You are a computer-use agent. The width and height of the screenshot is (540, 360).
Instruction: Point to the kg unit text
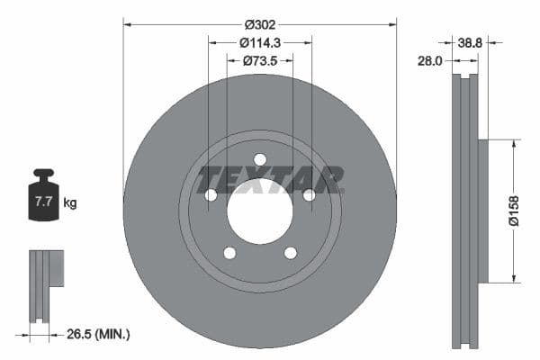(x=70, y=203)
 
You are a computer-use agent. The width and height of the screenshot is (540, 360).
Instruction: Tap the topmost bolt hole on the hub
(x=260, y=160)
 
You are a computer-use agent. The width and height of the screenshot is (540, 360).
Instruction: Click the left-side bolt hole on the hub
(x=211, y=195)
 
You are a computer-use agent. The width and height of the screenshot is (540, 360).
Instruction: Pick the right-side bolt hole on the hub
(x=309, y=195)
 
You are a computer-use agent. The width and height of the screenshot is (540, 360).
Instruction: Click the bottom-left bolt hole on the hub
(x=229, y=253)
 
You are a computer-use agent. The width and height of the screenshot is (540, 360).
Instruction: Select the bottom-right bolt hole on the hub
(x=290, y=253)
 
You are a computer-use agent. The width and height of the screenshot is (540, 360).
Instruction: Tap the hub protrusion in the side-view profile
(x=481, y=210)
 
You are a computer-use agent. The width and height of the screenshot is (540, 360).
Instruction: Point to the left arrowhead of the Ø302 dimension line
(x=127, y=24)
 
